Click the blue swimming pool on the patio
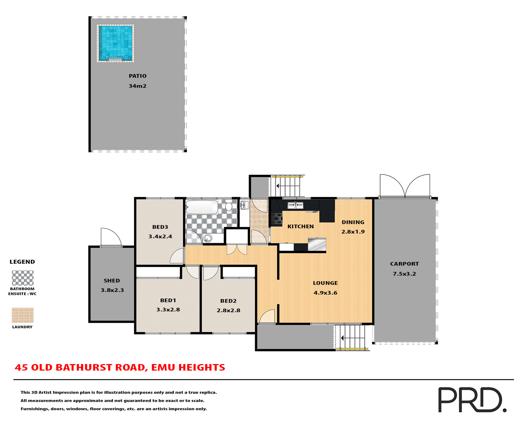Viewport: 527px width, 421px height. [115, 43]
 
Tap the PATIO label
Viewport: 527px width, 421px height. [138, 76]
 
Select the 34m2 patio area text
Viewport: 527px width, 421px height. [138, 86]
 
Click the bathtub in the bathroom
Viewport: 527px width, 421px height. [202, 207]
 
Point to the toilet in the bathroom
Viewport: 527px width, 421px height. [229, 205]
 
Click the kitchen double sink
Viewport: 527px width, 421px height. [295, 205]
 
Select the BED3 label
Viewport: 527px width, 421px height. [160, 227]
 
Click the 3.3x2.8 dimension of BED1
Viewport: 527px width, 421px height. [168, 310]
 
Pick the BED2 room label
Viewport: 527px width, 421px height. [228, 301]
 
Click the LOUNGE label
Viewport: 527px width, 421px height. [325, 283]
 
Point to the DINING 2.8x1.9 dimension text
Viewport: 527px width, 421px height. [353, 232]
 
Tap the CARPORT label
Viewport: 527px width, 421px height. [404, 264]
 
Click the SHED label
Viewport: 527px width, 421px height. [112, 281]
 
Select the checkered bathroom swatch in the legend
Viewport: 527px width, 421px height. [23, 278]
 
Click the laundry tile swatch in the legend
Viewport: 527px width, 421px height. [23, 315]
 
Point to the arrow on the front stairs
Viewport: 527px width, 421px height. [342, 338]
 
